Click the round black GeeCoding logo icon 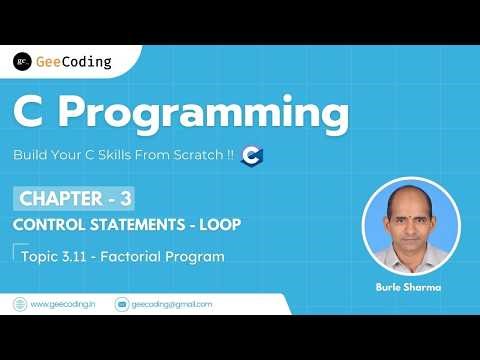click(22, 61)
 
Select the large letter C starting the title click(31, 113)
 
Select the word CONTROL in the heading click(46, 223)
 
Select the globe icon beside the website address click(20, 303)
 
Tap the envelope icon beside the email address click(122, 303)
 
